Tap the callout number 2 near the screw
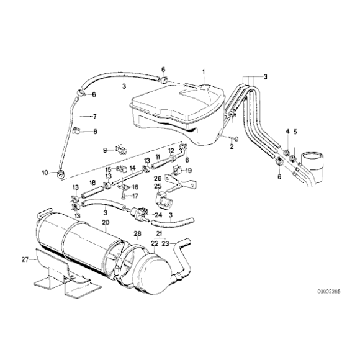pos(231,147)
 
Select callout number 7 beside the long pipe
pos(95,116)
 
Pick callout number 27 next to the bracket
pos(24,259)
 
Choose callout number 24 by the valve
pos(158,215)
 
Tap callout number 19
pos(189,170)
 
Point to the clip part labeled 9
pos(119,150)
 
